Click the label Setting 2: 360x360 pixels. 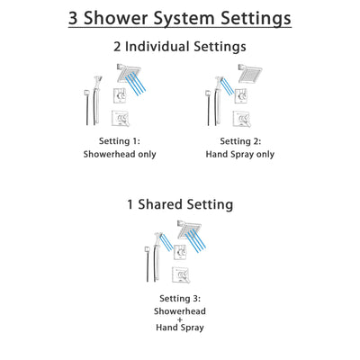point(241,141)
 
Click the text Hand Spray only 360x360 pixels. point(241,154)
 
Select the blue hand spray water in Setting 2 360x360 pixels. point(228,85)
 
